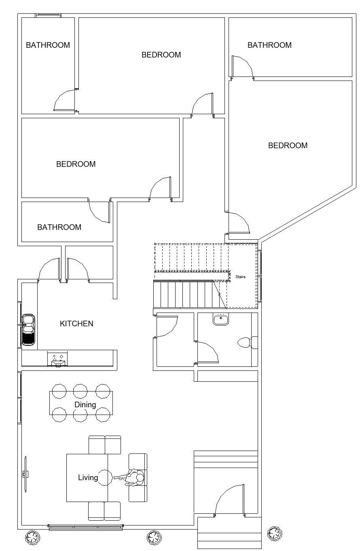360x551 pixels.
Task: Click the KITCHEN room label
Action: [x=76, y=323]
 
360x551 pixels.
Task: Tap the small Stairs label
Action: [x=240, y=277]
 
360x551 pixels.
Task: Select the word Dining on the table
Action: [x=85, y=404]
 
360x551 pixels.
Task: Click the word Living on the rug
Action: [x=88, y=477]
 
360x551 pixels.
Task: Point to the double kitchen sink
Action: [x=28, y=330]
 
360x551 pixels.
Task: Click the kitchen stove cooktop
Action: [x=57, y=359]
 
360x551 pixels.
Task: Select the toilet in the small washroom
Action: [x=248, y=342]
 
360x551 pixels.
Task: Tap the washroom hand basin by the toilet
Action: [x=221, y=319]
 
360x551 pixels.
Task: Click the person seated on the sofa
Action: [x=133, y=477]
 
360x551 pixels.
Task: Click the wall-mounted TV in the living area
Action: [x=25, y=474]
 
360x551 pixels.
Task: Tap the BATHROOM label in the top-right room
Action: [x=269, y=45]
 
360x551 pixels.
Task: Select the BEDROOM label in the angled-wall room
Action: [x=288, y=145]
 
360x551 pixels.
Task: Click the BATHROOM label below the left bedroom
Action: [x=59, y=227]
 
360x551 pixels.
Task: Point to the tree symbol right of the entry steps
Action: [x=275, y=534]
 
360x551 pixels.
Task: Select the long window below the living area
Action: [x=85, y=527]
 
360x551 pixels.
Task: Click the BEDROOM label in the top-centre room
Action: [x=161, y=55]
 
